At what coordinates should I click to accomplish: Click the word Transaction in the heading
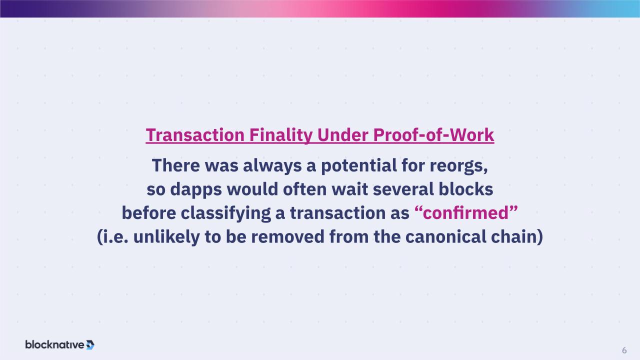click(x=195, y=135)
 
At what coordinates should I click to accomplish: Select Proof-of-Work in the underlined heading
click(x=433, y=135)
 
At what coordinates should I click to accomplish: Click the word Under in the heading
click(x=342, y=135)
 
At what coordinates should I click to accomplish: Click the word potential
click(x=359, y=166)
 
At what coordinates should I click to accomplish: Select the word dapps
click(x=196, y=190)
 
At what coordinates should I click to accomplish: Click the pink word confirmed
click(x=466, y=213)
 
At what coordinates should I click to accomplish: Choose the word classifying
click(x=225, y=213)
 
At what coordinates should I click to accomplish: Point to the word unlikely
click(x=166, y=237)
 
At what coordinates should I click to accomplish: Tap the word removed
click(x=287, y=237)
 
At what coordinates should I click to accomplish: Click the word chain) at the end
click(x=517, y=237)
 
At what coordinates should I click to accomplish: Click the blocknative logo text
click(x=54, y=345)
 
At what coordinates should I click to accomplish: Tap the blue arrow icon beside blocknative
click(x=90, y=345)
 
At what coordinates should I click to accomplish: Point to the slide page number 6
click(x=624, y=350)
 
